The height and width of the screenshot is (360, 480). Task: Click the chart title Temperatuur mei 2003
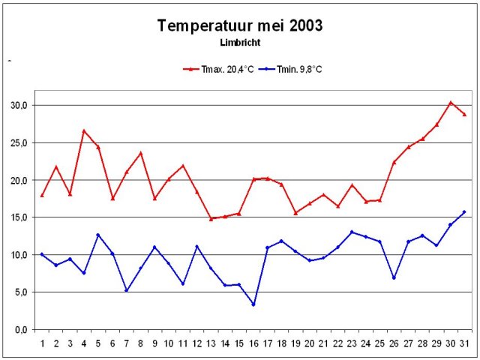(240, 26)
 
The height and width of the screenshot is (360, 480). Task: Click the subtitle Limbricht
(240, 43)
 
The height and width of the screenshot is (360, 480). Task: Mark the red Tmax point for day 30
(451, 103)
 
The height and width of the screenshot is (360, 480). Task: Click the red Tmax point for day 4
(84, 130)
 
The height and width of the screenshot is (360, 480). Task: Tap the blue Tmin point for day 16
(253, 304)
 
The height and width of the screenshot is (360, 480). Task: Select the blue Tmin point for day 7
(127, 290)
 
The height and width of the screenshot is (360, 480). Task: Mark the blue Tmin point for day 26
(394, 277)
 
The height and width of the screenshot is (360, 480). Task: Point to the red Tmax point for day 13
(211, 218)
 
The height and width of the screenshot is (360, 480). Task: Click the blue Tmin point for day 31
(464, 212)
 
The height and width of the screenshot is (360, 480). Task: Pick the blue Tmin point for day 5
(98, 235)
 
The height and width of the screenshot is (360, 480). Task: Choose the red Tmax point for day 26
(394, 162)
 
